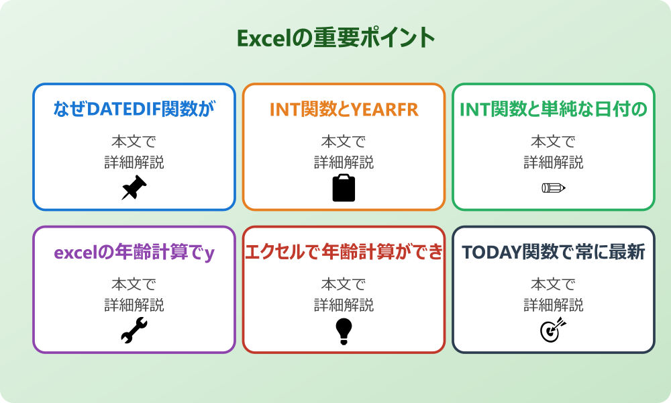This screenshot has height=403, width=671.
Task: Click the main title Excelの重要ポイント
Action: click(x=335, y=38)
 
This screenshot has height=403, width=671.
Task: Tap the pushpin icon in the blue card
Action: click(x=134, y=188)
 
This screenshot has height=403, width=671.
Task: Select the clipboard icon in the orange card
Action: click(x=344, y=188)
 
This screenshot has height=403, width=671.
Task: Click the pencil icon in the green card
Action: click(x=554, y=188)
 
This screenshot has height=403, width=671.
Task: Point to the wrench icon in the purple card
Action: click(x=134, y=330)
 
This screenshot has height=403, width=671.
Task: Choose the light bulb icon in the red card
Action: click(x=344, y=330)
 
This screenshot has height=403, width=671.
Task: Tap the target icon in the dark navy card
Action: click(x=554, y=330)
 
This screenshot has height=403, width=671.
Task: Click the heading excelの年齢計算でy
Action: click(x=134, y=253)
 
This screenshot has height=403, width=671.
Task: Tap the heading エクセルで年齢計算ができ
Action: click(x=344, y=253)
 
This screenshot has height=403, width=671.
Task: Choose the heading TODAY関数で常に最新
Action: click(x=554, y=253)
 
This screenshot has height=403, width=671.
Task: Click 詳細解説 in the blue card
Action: click(x=134, y=163)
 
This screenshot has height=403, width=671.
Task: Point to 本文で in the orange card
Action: click(x=344, y=142)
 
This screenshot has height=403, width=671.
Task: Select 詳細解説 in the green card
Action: click(x=554, y=163)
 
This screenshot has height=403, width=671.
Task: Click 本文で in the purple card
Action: click(x=134, y=284)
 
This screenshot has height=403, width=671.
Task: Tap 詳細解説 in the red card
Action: click(x=344, y=305)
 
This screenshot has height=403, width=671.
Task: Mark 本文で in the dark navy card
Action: click(x=554, y=284)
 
